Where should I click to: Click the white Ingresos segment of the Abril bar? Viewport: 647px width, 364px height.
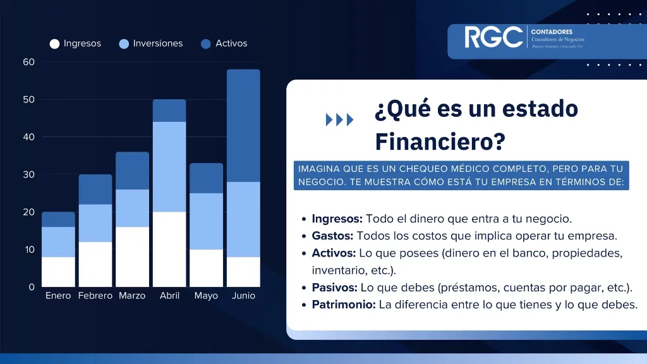[169, 249]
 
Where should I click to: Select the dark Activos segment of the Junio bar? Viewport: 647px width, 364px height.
[243, 125]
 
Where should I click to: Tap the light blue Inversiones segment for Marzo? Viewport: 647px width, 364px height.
[132, 208]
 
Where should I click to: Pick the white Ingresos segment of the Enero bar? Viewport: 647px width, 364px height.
[58, 272]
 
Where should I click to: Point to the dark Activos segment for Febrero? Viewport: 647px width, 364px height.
[95, 189]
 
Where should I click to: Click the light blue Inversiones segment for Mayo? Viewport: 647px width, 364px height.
[206, 221]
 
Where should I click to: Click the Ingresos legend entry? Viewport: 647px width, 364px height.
[76, 44]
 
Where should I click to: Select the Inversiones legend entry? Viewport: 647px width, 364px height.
[151, 44]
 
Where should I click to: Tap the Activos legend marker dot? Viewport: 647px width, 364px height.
[206, 44]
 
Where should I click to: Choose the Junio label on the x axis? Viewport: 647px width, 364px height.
[243, 296]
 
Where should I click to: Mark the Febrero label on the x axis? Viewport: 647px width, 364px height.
[95, 296]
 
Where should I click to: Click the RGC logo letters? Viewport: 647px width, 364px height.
[493, 37]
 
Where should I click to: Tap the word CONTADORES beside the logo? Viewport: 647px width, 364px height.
[552, 32]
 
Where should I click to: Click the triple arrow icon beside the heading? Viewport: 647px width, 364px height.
[339, 120]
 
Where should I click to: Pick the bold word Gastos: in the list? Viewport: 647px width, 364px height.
[332, 236]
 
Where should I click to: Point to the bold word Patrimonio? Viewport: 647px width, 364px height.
[344, 305]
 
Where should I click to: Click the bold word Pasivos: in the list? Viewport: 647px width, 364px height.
[334, 288]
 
